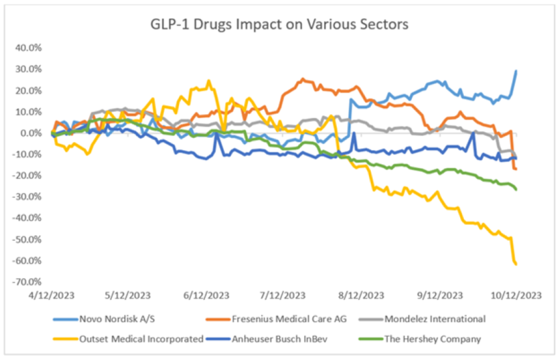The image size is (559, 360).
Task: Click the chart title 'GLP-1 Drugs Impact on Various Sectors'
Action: click(279, 24)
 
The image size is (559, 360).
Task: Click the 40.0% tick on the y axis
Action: click(29, 48)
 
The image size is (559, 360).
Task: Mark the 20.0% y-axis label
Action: click(29, 90)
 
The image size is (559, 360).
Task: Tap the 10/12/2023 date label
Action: click(515, 296)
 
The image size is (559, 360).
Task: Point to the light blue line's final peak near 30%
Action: click(516, 71)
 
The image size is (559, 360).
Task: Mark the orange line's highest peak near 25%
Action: click(303, 79)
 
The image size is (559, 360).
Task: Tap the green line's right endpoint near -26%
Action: click(516, 189)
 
